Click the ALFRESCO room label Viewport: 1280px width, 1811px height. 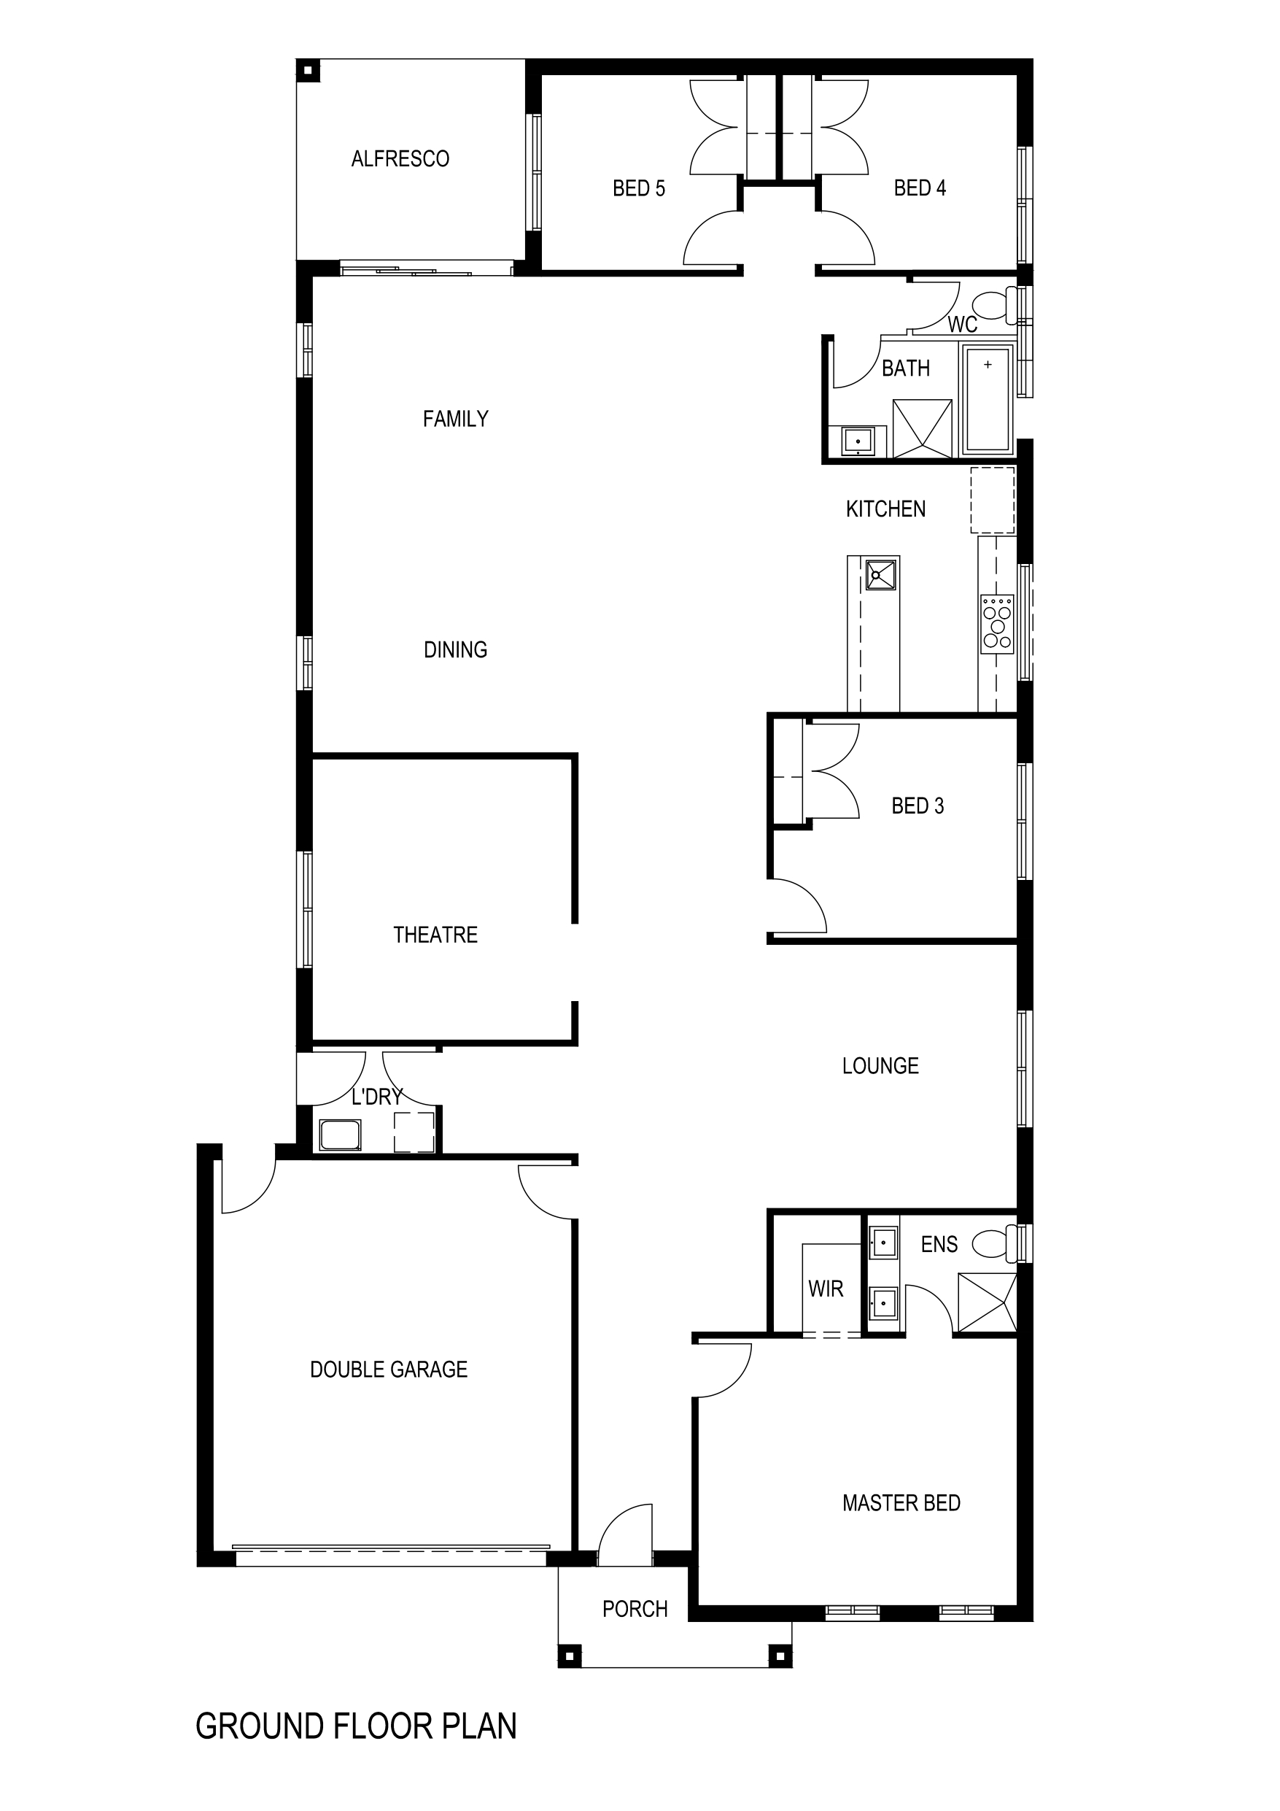(400, 159)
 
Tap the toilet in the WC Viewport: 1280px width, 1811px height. (993, 305)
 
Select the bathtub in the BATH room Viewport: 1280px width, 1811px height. (988, 401)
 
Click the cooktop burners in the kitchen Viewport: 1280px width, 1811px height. (997, 624)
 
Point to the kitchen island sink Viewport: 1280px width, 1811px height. (881, 574)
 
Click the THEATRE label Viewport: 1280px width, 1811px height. (435, 935)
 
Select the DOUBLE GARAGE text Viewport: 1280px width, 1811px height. (389, 1370)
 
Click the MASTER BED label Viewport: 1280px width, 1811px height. (901, 1503)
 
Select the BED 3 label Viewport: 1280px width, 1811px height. (918, 806)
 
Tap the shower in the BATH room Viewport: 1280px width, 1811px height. (922, 428)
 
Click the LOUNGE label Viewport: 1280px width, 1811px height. (880, 1067)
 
